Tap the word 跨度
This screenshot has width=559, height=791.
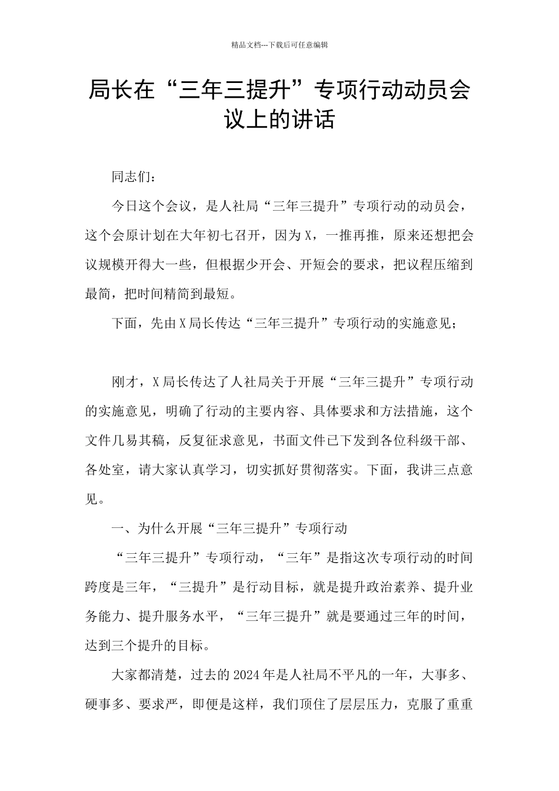pyautogui.click(x=98, y=587)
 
